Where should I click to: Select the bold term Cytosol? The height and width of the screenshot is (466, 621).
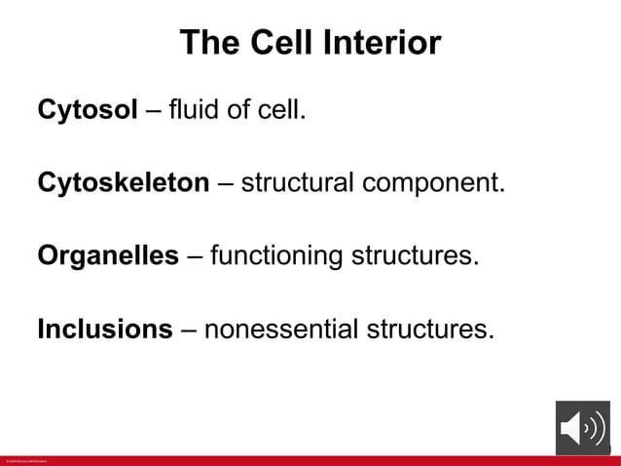88,109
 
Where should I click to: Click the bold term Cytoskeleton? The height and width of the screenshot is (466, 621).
123,182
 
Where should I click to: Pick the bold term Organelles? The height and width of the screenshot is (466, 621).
108,256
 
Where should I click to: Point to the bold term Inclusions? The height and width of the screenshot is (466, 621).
104,330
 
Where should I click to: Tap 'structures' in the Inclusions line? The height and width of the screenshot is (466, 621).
429,330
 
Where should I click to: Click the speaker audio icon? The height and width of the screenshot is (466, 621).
582,428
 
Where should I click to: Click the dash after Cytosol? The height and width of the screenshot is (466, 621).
153,110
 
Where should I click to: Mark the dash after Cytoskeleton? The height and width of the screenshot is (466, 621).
225,183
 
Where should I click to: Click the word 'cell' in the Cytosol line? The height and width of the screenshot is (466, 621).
280,109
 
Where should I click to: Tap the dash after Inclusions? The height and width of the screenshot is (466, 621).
188,330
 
